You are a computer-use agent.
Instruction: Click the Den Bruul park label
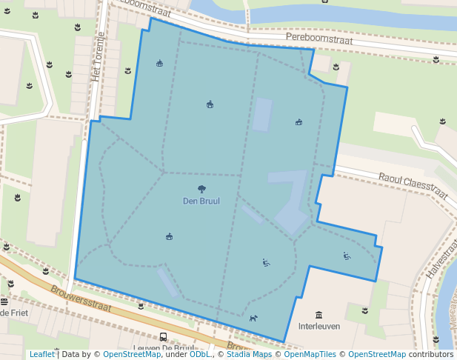coord(201,201)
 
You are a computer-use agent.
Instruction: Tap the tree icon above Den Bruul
coord(201,189)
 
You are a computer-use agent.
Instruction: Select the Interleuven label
coord(319,326)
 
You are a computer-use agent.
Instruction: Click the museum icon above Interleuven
coord(319,315)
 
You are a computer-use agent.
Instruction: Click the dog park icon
coord(253,319)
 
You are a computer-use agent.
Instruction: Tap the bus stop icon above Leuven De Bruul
coord(163,337)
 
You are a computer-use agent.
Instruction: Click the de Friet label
coord(13,313)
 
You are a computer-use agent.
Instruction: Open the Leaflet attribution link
coord(41,354)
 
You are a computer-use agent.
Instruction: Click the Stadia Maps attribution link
coord(248,354)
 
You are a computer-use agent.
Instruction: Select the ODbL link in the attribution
coord(200,354)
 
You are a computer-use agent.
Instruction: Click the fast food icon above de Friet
coord(4,301)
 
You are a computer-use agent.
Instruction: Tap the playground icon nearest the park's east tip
coord(347,256)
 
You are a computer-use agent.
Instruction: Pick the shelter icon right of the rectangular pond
coord(299,121)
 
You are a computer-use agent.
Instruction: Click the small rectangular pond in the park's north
coord(262,115)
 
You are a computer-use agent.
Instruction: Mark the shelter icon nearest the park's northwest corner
coord(159,64)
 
